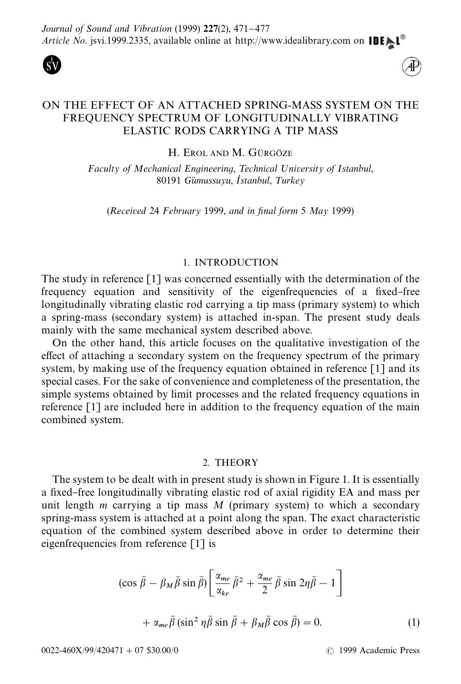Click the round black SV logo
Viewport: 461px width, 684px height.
52,65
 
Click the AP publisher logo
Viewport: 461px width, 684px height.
412,66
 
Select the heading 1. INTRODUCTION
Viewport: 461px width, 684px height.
230,263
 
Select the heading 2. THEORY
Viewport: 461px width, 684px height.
230,463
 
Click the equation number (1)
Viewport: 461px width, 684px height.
414,622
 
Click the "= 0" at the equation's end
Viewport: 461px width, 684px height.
311,622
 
